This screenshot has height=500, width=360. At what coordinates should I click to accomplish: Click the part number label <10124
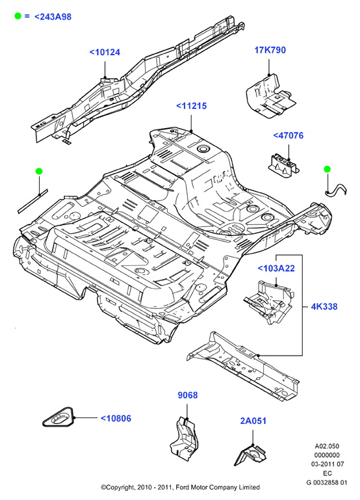[105, 52]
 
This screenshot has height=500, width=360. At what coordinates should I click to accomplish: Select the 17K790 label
[270, 50]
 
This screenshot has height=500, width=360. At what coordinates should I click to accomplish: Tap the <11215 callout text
[191, 106]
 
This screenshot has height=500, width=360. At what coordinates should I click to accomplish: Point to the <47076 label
[288, 135]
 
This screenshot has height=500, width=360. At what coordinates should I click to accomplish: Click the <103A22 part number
[276, 268]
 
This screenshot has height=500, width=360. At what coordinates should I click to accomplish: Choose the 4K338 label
[324, 306]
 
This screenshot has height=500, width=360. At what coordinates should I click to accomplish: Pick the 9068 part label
[188, 395]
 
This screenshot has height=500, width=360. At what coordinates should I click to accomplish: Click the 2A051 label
[253, 421]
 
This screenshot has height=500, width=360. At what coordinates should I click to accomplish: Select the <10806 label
[116, 418]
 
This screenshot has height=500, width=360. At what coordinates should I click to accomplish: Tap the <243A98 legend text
[53, 17]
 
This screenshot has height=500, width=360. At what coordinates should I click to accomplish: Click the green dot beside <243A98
[18, 16]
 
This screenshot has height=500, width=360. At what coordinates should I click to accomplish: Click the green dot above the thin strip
[39, 172]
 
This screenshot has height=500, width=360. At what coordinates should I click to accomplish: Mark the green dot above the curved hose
[328, 169]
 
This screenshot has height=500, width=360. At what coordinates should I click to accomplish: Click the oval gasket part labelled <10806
[58, 417]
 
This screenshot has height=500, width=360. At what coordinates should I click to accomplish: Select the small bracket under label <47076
[283, 166]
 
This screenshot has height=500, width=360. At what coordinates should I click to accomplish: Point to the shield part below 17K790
[270, 96]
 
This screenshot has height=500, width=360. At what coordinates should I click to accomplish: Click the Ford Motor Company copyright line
[180, 487]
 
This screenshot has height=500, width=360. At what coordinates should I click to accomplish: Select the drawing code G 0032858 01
[327, 483]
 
